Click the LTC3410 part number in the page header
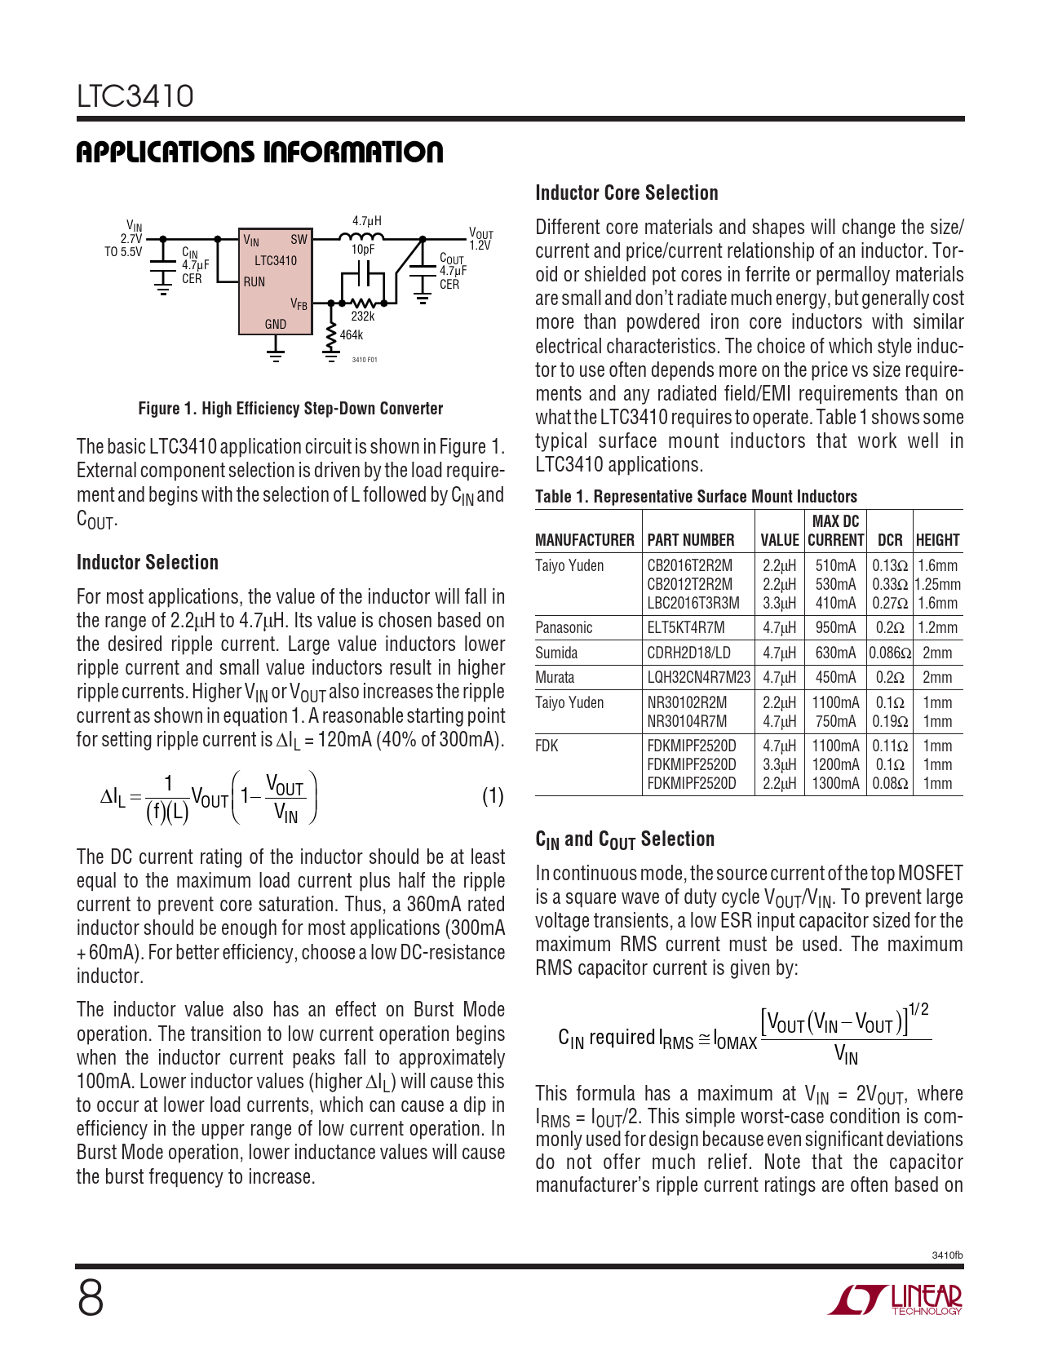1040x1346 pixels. [x=135, y=96]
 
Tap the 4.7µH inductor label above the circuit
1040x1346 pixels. [x=367, y=221]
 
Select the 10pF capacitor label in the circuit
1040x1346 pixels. [x=363, y=250]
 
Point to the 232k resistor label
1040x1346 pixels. [x=363, y=317]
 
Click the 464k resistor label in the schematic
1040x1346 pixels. [x=352, y=335]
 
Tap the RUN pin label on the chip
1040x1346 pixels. [x=254, y=282]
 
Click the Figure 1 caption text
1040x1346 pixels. [x=290, y=409]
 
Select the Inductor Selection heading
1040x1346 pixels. [x=148, y=563]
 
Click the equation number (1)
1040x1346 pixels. [x=493, y=796]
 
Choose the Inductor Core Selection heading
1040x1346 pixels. [x=626, y=193]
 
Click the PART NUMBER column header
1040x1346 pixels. [x=691, y=540]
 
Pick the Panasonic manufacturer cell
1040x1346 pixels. [x=564, y=627]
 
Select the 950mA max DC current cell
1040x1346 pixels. [x=835, y=627]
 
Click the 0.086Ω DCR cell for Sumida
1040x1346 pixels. [x=890, y=653]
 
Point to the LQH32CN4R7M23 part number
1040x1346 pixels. [x=699, y=677]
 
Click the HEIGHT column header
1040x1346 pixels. [x=938, y=540]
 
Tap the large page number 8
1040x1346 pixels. [x=91, y=1299]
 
